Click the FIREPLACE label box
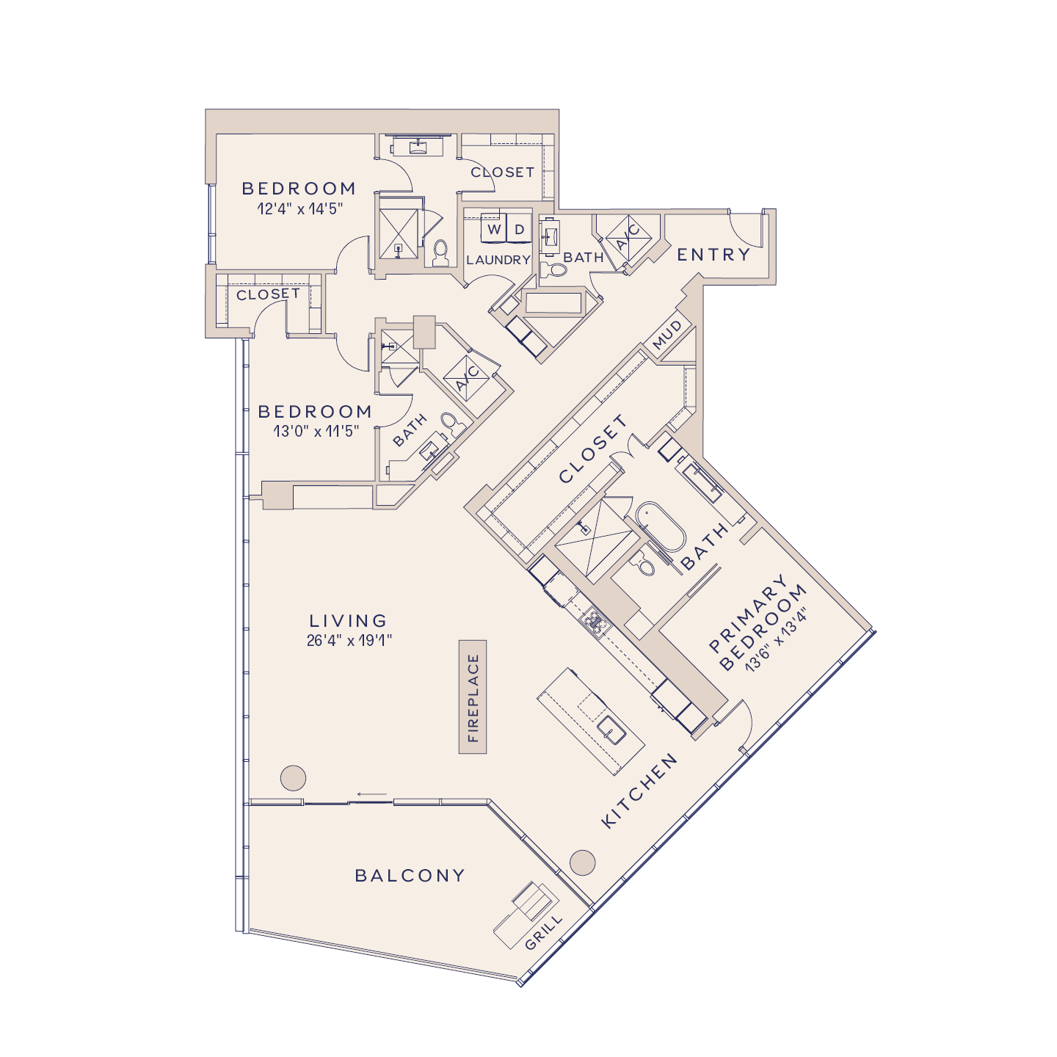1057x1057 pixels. (x=473, y=697)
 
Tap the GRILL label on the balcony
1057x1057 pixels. (x=544, y=931)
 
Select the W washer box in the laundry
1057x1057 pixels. (x=494, y=230)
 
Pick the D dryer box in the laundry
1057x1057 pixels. (x=520, y=230)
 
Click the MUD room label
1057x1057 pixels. (x=667, y=335)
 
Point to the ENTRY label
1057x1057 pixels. (x=713, y=255)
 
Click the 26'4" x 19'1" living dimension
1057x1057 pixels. (x=349, y=641)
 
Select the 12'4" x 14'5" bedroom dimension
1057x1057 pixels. (x=299, y=209)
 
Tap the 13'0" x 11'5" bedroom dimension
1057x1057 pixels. (x=316, y=432)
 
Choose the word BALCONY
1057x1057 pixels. (x=410, y=876)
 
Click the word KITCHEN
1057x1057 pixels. (x=639, y=791)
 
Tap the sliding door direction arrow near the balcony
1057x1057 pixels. (x=372, y=793)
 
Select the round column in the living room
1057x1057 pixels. (x=293, y=777)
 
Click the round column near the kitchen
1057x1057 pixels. (x=583, y=862)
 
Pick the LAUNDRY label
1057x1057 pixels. (x=498, y=260)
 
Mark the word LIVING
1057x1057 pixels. (x=348, y=621)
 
